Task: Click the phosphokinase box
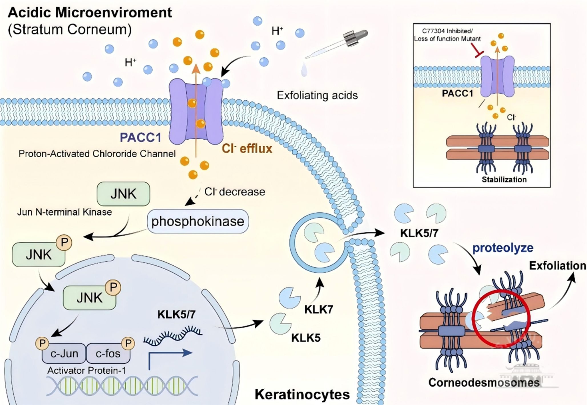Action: pyautogui.click(x=198, y=221)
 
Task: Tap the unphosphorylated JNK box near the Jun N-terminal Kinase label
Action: pyautogui.click(x=123, y=194)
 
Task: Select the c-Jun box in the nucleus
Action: pyautogui.click(x=64, y=353)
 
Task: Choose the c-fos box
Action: pyautogui.click(x=108, y=353)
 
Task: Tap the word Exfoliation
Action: pyautogui.click(x=557, y=266)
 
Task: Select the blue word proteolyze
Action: pyautogui.click(x=503, y=248)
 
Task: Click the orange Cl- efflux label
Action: pyautogui.click(x=247, y=149)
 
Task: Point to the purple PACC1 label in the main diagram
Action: pyautogui.click(x=140, y=137)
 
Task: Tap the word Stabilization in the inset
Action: pyautogui.click(x=504, y=180)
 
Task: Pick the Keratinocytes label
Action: pyautogui.click(x=302, y=394)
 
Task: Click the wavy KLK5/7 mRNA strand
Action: pyautogui.click(x=173, y=335)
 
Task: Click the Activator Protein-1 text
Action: pyautogui.click(x=87, y=371)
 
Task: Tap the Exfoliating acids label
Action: pyautogui.click(x=317, y=95)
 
